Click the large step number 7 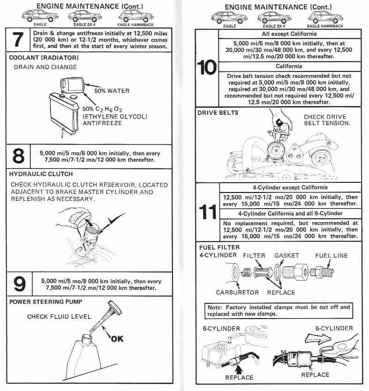(x=18, y=40)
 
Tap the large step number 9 (x=19, y=284)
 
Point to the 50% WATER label (x=112, y=91)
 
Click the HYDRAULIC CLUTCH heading (x=41, y=174)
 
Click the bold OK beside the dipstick (x=117, y=339)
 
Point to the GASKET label (x=286, y=255)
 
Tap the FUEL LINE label (x=331, y=255)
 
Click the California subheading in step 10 (x=289, y=66)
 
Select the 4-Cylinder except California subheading (x=290, y=187)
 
